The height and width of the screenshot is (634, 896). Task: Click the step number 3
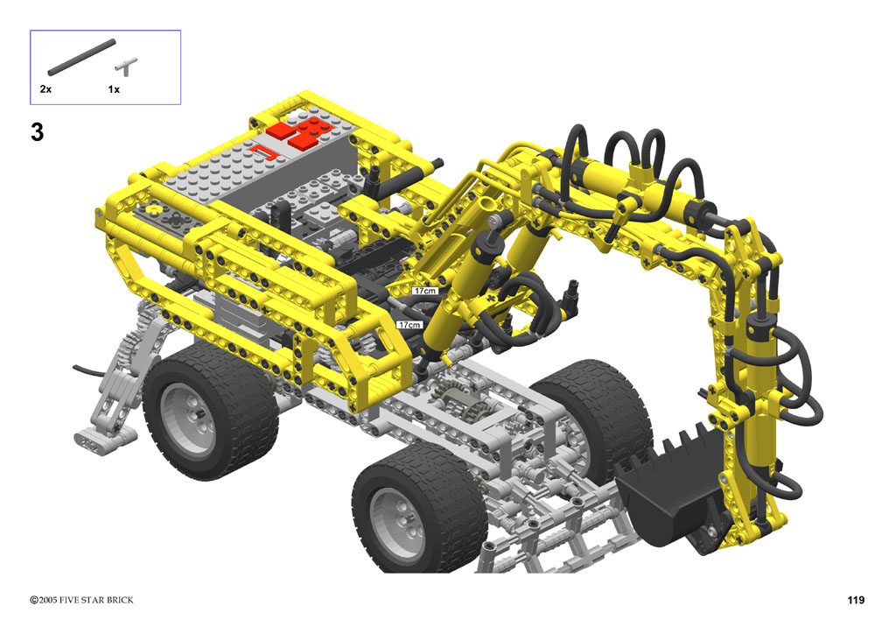(x=37, y=132)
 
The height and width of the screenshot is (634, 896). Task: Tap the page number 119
(x=856, y=600)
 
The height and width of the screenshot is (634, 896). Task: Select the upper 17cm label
(x=425, y=291)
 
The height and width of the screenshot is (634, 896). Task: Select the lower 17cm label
(x=409, y=325)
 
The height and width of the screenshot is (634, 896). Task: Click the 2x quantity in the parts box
(x=45, y=89)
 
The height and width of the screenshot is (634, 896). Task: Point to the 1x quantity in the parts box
(x=114, y=89)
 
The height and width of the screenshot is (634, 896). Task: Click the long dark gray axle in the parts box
(x=81, y=57)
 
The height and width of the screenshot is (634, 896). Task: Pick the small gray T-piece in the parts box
(x=126, y=67)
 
